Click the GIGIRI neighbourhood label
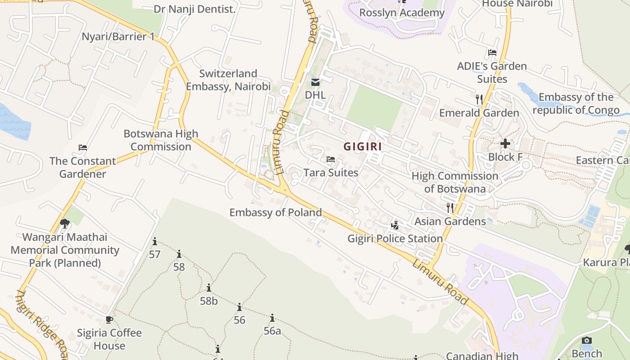click(363, 146)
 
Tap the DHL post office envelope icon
click(315, 82)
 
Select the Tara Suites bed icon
click(331, 159)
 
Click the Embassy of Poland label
click(276, 212)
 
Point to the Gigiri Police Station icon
click(395, 225)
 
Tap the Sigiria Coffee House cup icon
click(109, 319)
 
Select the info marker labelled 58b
click(209, 288)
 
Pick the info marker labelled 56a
click(272, 318)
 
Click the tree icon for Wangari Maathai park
click(65, 223)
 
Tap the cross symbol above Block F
click(505, 144)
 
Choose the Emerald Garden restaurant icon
click(479, 99)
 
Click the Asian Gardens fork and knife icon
click(450, 207)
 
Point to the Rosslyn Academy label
click(402, 13)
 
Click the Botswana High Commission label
click(161, 140)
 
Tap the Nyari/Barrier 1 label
click(118, 36)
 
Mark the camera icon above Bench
click(587, 341)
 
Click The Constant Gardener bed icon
click(82, 148)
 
